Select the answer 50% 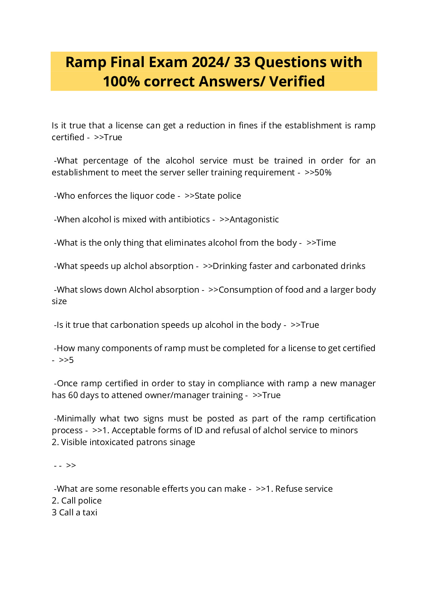(x=323, y=173)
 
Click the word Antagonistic (x=254, y=220)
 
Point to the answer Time (x=326, y=243)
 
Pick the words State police (x=217, y=196)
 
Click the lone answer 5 (x=71, y=360)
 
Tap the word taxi (x=90, y=513)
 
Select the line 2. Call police (x=77, y=501)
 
